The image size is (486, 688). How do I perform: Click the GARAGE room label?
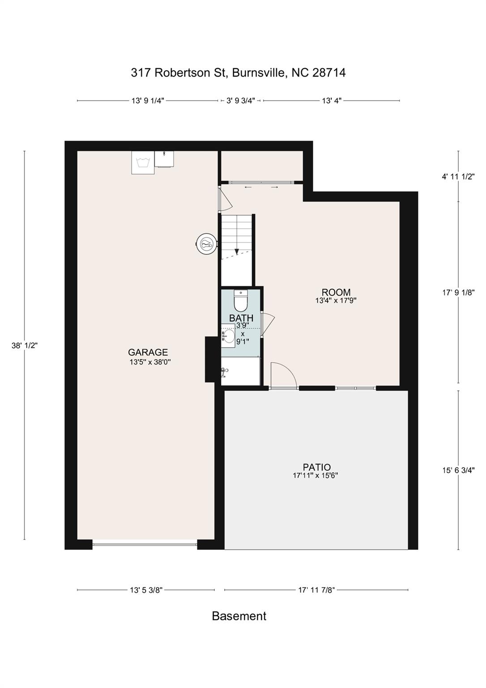point(148,353)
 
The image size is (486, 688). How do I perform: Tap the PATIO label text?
point(316,468)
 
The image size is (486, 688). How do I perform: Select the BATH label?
point(241,318)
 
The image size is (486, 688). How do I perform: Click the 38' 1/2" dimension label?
point(25,345)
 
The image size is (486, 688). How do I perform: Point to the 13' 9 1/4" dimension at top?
point(148,101)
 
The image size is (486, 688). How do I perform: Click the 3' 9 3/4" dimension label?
point(240,101)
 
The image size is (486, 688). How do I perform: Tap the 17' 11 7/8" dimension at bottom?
point(316,590)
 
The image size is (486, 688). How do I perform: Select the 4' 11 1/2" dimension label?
point(458,176)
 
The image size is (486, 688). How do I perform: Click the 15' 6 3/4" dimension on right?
point(458,470)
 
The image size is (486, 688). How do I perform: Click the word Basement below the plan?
point(239,616)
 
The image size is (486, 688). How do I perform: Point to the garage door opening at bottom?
point(145,545)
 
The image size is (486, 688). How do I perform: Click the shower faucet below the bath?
point(225,371)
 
